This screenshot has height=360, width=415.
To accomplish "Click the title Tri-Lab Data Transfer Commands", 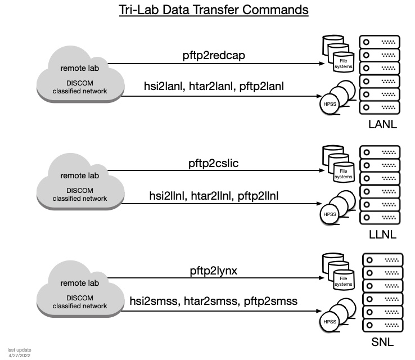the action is [x=214, y=10].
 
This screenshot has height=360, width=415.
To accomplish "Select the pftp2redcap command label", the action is [x=214, y=56].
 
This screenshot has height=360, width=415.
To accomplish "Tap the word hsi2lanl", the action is [x=164, y=86].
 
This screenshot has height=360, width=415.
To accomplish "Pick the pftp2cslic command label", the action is [x=213, y=163].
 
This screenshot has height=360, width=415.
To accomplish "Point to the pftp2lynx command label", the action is [x=214, y=271].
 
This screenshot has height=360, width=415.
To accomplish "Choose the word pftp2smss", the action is [x=270, y=301].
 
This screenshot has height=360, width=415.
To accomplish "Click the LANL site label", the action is [x=382, y=124].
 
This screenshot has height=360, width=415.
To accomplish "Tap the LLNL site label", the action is [x=382, y=235].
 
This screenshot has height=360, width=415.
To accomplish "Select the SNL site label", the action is [x=382, y=342].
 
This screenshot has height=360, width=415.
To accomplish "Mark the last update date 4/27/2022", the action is [x=19, y=355].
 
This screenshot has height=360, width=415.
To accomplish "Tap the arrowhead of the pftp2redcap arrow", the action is [x=322, y=64].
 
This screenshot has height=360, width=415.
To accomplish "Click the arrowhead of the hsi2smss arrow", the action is [x=319, y=311].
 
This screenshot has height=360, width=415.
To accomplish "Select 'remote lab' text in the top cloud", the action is [x=80, y=68].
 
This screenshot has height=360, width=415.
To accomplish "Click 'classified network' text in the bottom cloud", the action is [x=80, y=306].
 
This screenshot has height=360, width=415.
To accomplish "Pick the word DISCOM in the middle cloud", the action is [x=80, y=191].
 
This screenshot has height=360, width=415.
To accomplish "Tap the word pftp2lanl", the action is [x=261, y=86].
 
